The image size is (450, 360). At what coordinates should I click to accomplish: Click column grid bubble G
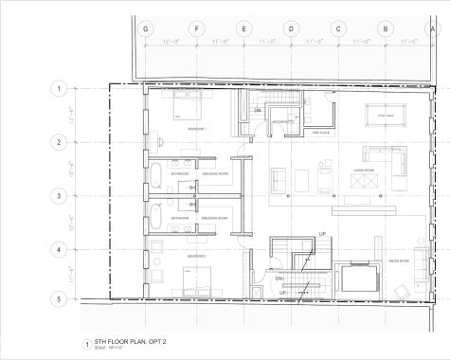145,28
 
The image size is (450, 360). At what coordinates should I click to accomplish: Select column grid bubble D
291,28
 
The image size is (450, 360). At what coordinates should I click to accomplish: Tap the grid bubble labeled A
434,28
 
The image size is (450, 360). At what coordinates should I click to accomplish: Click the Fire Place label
320,133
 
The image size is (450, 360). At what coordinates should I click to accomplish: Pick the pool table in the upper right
384,114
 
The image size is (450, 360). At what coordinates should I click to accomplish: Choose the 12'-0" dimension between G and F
171,42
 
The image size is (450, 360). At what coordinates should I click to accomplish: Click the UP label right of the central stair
323,233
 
